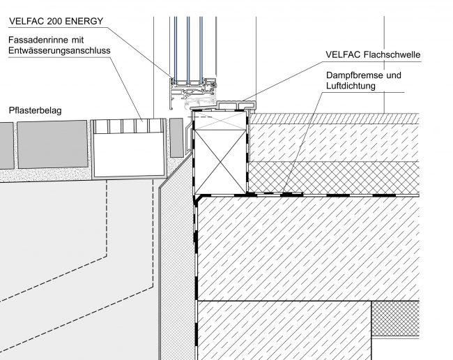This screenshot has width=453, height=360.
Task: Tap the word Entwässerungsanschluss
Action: point(59,51)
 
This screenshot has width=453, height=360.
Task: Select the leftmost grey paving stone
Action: point(6,145)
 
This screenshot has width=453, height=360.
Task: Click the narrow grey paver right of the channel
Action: point(176,137)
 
